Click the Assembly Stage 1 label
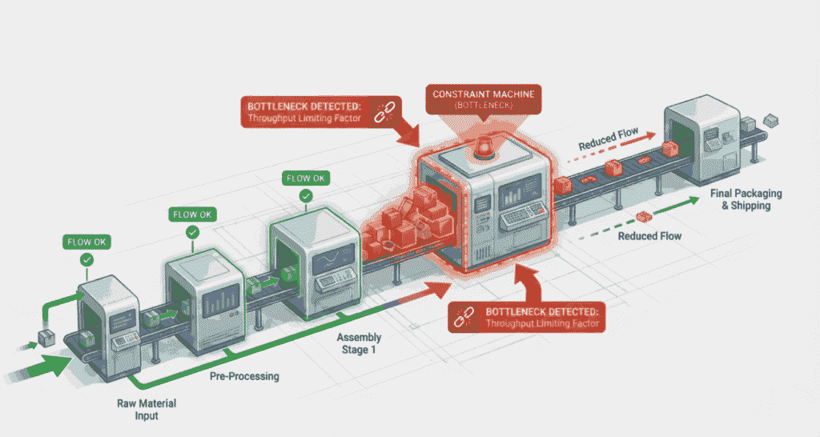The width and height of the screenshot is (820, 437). click(x=357, y=343)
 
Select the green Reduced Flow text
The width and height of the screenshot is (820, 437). click(x=649, y=236)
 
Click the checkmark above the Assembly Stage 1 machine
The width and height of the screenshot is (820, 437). click(x=306, y=195)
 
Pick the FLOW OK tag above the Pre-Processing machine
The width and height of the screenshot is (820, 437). click(x=192, y=214)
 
